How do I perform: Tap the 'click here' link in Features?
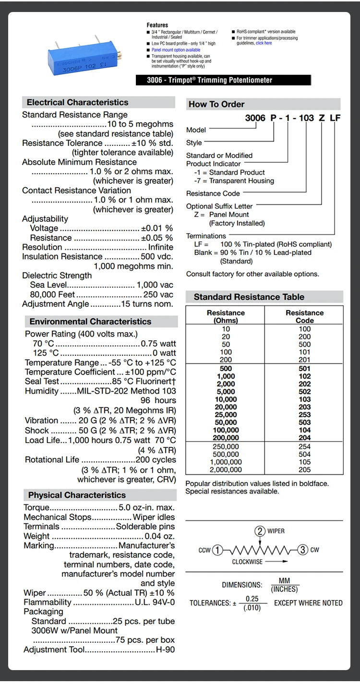264,43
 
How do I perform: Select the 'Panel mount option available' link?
176,50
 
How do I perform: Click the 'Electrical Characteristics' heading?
77,102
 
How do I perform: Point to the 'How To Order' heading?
216,104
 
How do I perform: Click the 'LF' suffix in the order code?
335,118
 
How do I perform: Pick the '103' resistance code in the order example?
306,118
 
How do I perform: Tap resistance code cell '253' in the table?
304,415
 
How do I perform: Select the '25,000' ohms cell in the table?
226,415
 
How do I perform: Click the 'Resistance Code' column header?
304,316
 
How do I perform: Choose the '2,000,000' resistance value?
226,469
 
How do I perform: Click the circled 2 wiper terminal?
260,531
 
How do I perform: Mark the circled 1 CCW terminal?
217,550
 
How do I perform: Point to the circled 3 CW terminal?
302,550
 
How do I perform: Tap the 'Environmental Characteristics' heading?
90,322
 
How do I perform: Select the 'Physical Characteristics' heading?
77,495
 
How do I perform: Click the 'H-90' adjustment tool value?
165,649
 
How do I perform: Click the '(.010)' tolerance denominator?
252,607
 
